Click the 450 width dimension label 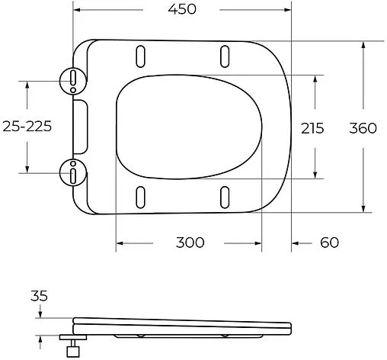tap(182, 10)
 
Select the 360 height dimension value tap(363, 128)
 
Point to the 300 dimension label tap(189, 243)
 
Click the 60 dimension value tap(329, 243)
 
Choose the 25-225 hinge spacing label tap(27, 127)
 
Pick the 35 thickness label tap(40, 295)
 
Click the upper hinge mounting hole tap(72, 79)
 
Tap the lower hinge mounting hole tap(72, 173)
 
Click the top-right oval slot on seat tap(225, 57)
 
